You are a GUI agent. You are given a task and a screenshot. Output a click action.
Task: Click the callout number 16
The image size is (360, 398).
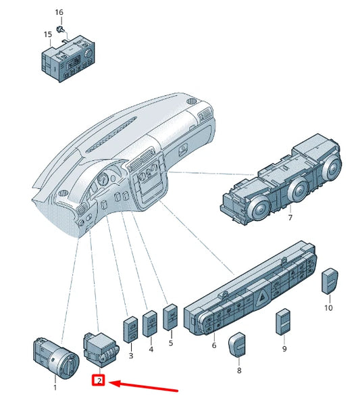coord(59,12)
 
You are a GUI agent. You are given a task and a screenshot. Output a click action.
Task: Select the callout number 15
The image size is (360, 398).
coord(48,34)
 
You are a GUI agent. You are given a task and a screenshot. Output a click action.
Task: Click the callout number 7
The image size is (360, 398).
coord(290,218)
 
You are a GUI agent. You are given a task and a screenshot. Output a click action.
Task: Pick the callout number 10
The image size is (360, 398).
coord(328,307)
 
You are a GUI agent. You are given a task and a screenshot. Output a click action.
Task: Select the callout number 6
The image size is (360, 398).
coord(214,345)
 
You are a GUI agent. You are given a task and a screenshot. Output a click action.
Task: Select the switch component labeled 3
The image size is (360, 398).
coord(130,329)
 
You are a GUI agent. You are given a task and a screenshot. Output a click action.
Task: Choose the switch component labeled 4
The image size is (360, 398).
coord(150,324)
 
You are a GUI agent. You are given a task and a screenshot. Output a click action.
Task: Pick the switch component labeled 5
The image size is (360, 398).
coord(170,318)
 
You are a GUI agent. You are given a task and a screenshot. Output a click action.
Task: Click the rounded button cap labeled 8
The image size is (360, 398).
coord(237,345)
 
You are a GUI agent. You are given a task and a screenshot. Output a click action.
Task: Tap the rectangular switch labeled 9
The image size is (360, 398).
coord(283,322)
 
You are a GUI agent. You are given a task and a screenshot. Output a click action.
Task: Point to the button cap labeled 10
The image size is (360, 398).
coord(330,281)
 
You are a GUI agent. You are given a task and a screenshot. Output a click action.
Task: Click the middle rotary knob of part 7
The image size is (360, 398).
coord(298,190)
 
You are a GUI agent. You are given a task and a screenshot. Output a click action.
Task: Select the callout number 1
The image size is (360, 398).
coord(55,387)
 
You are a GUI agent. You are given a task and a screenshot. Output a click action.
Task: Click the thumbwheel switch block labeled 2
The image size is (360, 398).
coord(101,350)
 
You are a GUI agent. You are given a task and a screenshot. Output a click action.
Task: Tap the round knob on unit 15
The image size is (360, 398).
coord(88,53)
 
